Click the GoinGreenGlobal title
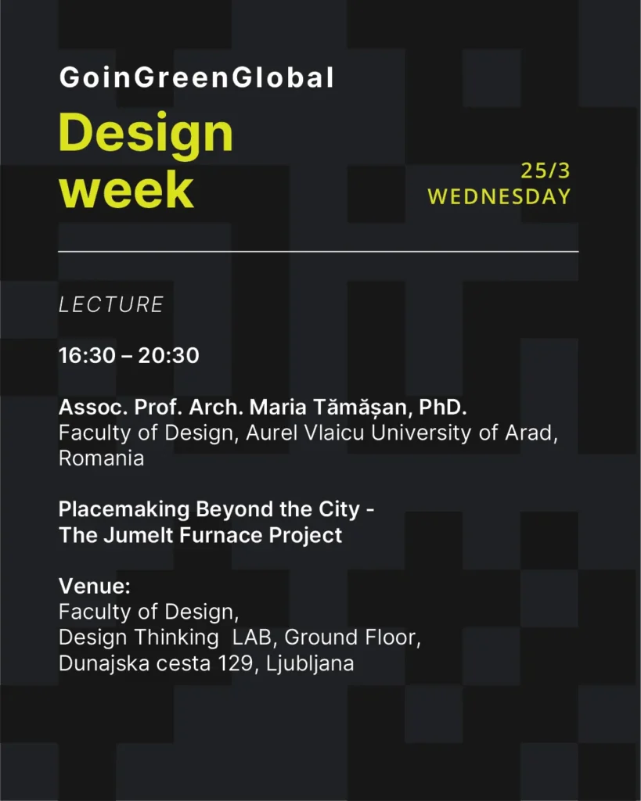[196, 77]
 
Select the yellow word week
[127, 189]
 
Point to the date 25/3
[545, 171]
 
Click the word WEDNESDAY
[499, 196]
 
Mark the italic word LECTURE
[111, 304]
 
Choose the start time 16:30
[88, 356]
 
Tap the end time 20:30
[169, 356]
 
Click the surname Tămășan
[360, 408]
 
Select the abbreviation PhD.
[443, 407]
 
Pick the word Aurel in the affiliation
[272, 433]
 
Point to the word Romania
[101, 458]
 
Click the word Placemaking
[124, 509]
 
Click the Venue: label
[95, 586]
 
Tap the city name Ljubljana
[310, 664]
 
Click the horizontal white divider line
[319, 252]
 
